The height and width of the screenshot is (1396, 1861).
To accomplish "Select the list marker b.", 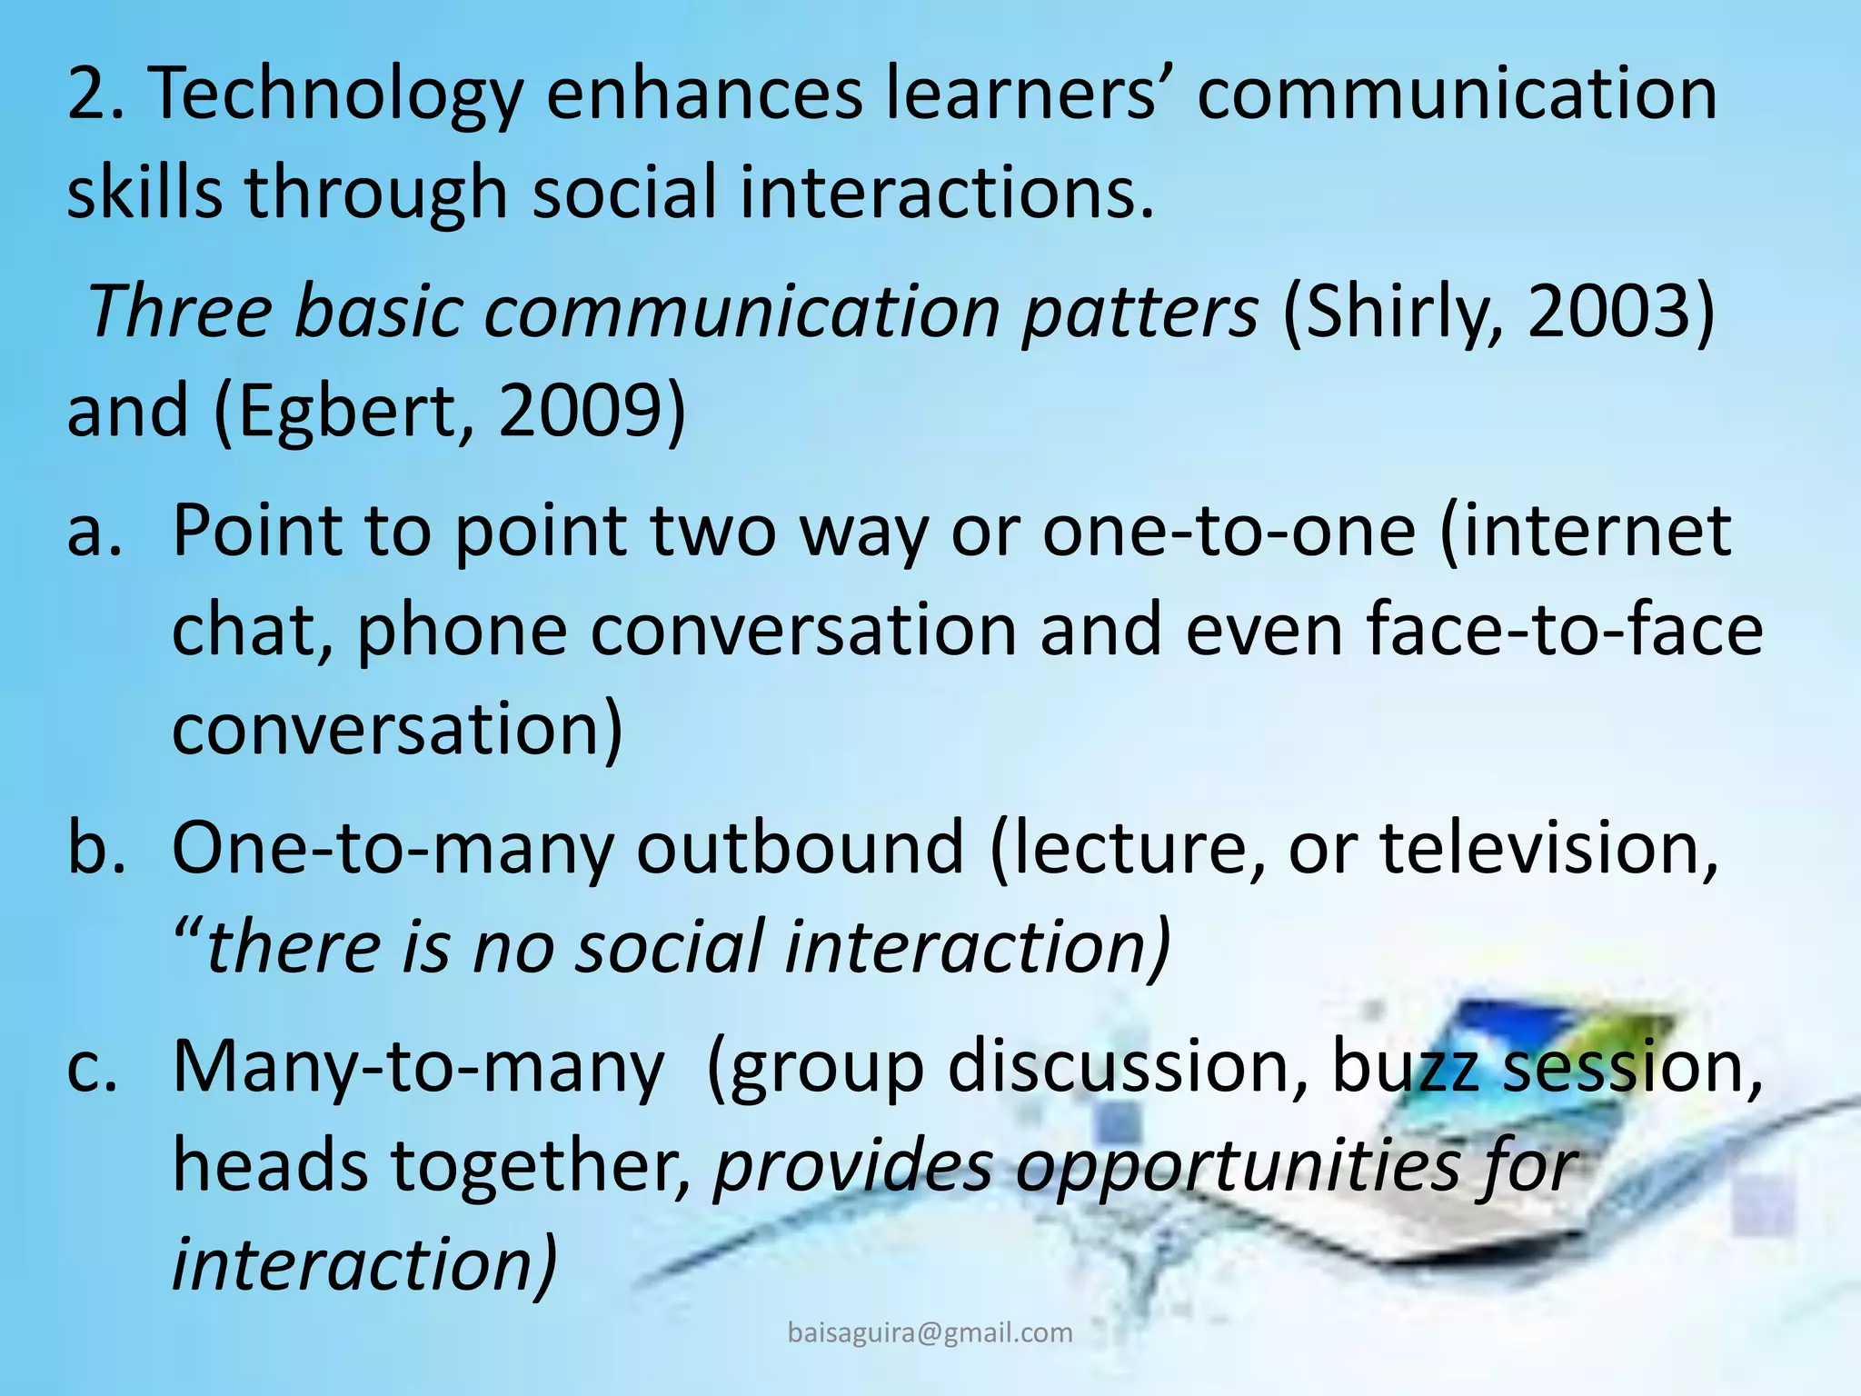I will (95, 847).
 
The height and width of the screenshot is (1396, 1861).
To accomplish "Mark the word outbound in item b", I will (799, 847).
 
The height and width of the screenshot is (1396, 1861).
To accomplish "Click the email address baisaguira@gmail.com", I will (930, 1332).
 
